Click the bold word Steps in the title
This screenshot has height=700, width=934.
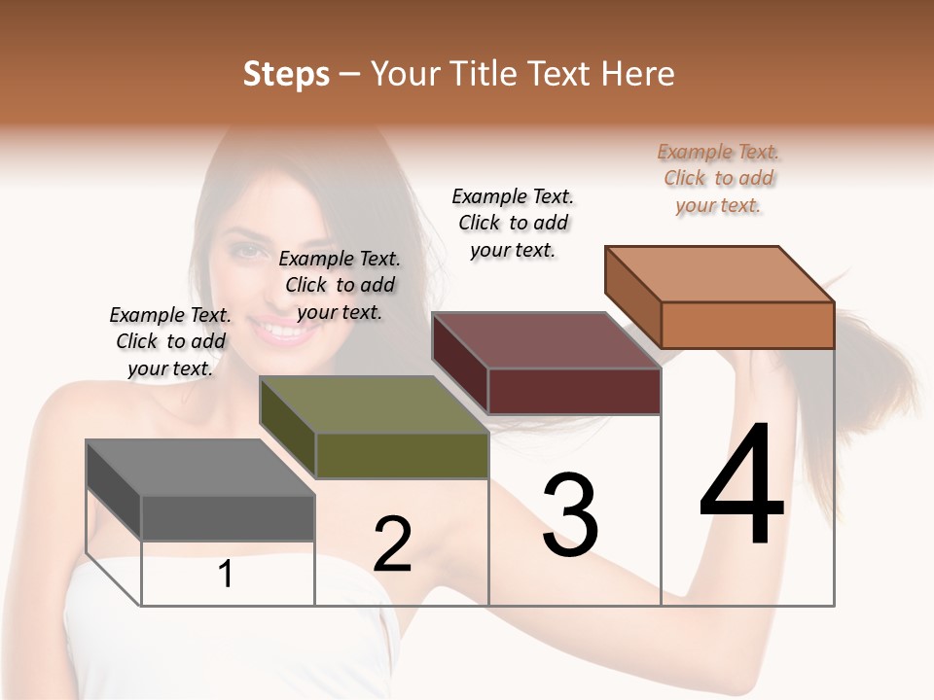[286, 74]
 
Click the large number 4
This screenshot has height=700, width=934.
[741, 485]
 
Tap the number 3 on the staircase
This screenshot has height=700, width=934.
[569, 515]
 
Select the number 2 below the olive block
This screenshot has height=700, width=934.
[392, 544]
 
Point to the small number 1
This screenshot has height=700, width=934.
[226, 575]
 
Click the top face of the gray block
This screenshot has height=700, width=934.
[200, 468]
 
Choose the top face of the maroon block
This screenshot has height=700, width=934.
[547, 340]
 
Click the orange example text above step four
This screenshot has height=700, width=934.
[719, 179]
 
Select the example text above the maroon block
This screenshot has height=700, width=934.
[513, 223]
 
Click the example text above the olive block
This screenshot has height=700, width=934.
[340, 285]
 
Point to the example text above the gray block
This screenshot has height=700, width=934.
[170, 341]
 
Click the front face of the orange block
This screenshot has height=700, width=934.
[747, 325]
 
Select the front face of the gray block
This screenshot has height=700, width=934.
[228, 518]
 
